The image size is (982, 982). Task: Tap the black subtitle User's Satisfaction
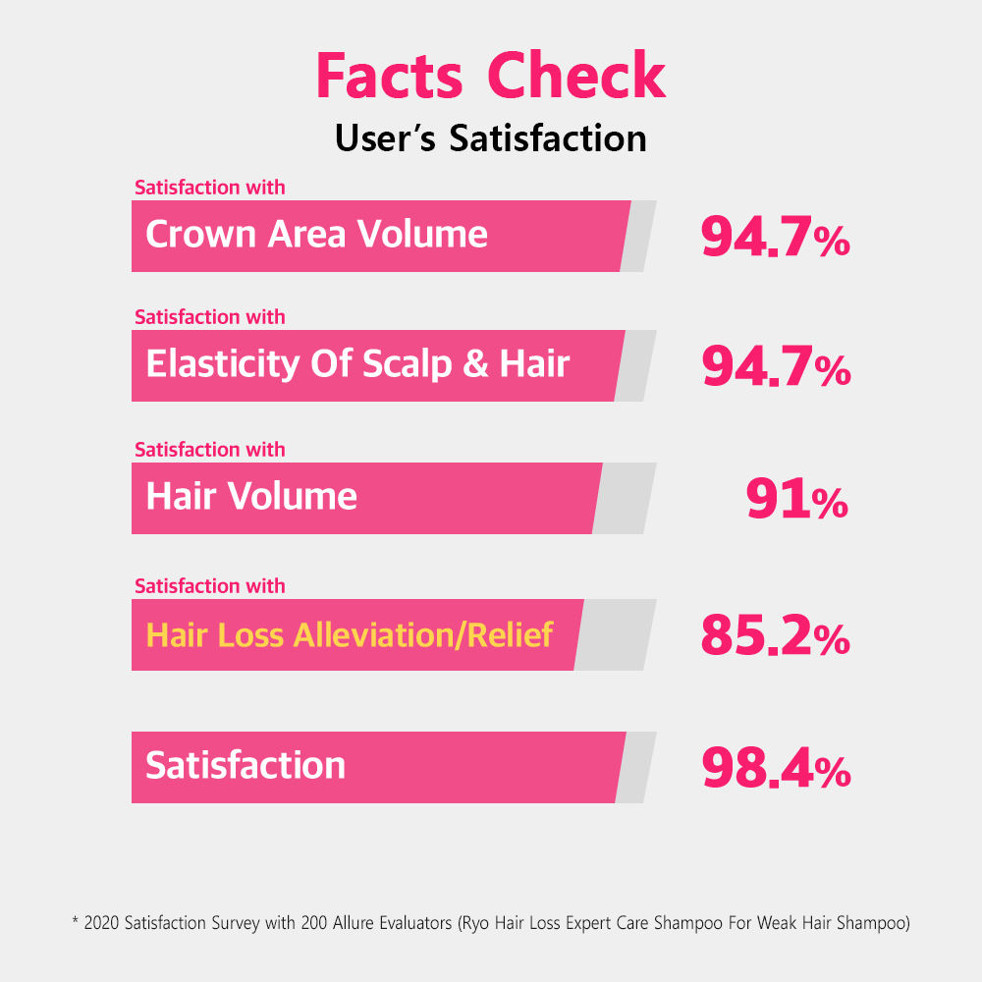(490, 137)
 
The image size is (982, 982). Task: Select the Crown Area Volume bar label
(316, 235)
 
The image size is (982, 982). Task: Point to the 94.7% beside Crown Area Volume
(775, 238)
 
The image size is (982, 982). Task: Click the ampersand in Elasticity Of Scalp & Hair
(474, 364)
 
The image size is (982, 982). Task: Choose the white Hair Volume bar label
(251, 497)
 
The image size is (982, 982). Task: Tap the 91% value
(796, 501)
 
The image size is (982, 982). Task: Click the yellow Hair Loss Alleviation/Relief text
(350, 634)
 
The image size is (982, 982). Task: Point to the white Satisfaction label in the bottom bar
(245, 766)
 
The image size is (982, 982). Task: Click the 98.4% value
(775, 770)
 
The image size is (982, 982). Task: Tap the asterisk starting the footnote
(76, 923)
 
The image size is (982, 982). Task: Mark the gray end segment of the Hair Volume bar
(626, 498)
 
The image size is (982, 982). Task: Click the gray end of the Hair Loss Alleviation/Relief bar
(616, 634)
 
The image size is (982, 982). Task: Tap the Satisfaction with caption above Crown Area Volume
(209, 187)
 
